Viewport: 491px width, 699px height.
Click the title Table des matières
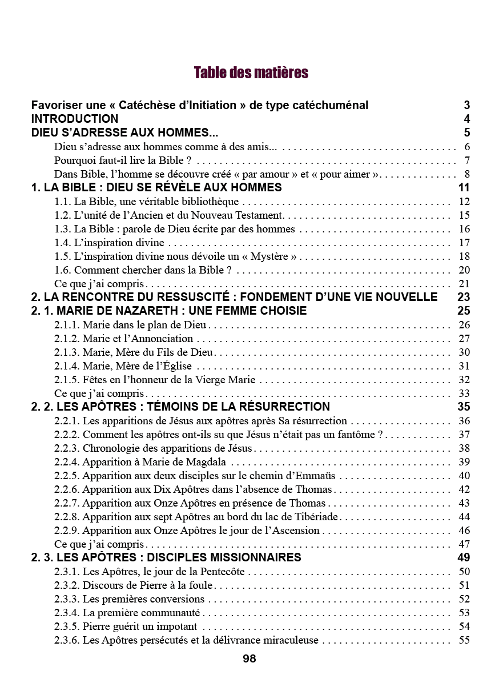[x=251, y=73]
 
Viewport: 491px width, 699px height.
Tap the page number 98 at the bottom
[x=249, y=658]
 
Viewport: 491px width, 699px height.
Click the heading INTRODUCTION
[x=75, y=119]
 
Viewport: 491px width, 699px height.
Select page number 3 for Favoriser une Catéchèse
[x=467, y=105]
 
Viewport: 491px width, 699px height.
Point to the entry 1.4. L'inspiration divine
[x=109, y=243]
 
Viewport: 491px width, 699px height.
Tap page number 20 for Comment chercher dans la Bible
[x=464, y=270]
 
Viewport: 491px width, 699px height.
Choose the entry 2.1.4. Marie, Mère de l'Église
[x=123, y=366]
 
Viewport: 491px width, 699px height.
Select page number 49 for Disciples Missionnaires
[x=464, y=557]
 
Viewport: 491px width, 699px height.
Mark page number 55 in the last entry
[x=464, y=640]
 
